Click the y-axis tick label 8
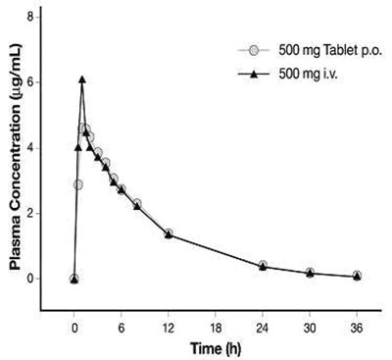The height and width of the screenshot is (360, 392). tap(30, 18)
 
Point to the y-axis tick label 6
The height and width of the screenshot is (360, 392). tap(30, 82)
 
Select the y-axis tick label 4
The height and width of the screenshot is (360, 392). tap(30, 148)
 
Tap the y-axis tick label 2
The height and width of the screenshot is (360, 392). tap(30, 213)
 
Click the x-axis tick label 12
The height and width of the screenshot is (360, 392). tap(169, 330)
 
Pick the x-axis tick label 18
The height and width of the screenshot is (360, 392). tap(216, 330)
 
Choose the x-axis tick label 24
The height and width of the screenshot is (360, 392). tap(263, 330)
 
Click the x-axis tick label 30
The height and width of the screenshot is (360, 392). tap(310, 330)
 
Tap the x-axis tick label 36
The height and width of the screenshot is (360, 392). tap(357, 330)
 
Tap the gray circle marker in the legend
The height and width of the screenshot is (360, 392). tap(253, 50)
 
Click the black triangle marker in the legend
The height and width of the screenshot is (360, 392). tap(253, 73)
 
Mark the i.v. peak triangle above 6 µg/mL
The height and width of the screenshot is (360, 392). tap(82, 79)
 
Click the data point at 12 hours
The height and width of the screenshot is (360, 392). tap(169, 233)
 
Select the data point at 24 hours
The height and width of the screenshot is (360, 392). tap(263, 266)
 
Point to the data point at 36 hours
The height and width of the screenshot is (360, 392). tap(357, 277)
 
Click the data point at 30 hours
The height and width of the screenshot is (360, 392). tap(310, 273)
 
